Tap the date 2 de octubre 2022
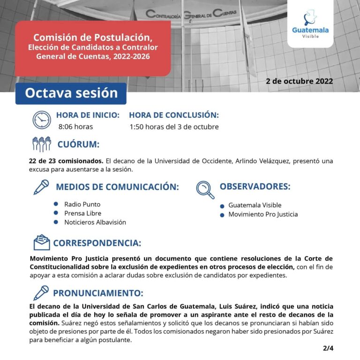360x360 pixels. click(299, 81)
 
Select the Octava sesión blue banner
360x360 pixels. click(71, 93)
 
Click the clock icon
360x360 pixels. click(42, 120)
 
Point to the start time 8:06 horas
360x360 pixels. click(75, 127)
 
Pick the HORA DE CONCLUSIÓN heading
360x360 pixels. click(173, 115)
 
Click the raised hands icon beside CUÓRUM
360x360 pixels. click(41, 143)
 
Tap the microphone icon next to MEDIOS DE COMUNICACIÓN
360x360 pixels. click(41, 187)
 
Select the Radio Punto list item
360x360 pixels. click(82, 204)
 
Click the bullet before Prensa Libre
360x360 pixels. click(55, 213)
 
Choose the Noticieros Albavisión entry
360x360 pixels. click(95, 222)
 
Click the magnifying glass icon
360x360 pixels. click(205, 189)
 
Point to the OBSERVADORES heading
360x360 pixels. click(255, 186)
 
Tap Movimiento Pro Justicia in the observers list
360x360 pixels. click(263, 214)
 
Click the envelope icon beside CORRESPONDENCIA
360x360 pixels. click(41, 242)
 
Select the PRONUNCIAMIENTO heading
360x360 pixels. click(97, 293)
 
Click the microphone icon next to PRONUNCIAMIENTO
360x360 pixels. click(41, 292)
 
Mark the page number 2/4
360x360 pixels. click(328, 348)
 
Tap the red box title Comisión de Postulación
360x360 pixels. click(93, 37)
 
